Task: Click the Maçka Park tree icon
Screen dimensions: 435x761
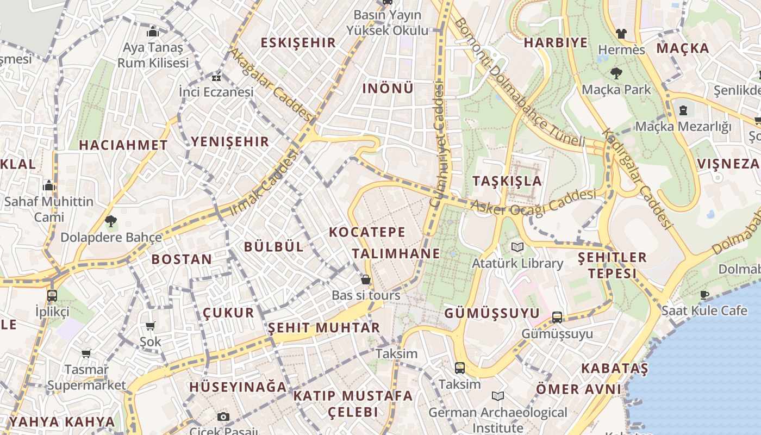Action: point(616,73)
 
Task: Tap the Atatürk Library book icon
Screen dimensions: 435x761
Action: point(517,247)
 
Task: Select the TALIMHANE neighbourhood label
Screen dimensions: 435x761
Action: point(396,253)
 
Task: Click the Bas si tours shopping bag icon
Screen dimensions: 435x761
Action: point(366,279)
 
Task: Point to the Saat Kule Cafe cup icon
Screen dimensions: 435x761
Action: point(704,295)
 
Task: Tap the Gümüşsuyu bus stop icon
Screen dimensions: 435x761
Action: point(557,318)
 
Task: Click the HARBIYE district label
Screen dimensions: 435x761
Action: point(556,42)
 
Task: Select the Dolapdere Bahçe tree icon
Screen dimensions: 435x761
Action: point(111,221)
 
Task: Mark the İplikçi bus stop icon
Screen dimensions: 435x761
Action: point(52,296)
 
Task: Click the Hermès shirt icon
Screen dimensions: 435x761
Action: point(621,34)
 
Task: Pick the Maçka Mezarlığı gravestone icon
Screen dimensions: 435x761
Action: point(683,110)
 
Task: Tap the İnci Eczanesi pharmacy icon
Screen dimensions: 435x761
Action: point(216,76)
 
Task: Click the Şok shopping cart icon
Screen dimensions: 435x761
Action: point(151,326)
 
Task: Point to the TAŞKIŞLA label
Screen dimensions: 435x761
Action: point(507,181)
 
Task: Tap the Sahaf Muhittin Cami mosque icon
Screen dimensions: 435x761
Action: point(49,186)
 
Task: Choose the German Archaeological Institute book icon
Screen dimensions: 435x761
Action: point(497,396)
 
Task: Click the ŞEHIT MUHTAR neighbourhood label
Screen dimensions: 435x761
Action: point(324,328)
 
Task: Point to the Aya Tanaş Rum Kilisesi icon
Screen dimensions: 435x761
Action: point(153,32)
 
